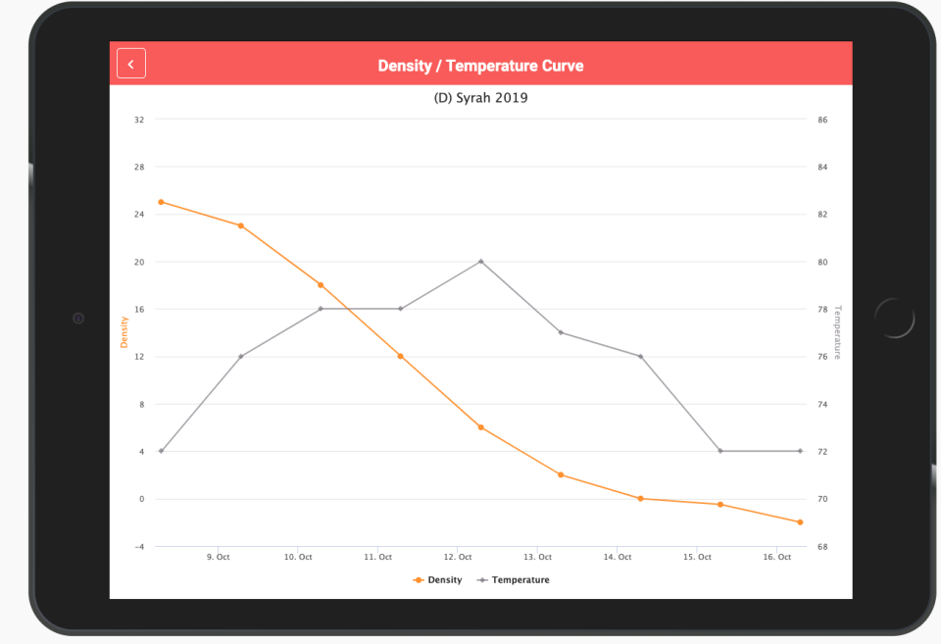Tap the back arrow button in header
[x=131, y=63]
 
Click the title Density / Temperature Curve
[x=480, y=66]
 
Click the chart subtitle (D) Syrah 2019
[x=480, y=98]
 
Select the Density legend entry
[x=438, y=580]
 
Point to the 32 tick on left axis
[x=139, y=120]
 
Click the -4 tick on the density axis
[x=138, y=546]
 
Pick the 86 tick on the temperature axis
[x=822, y=120]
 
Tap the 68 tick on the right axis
[x=822, y=546]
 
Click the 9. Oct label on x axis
[x=218, y=557]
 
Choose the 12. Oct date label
[x=458, y=557]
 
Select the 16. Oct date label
[x=777, y=557]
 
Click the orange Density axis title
[x=124, y=332]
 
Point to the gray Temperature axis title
[x=838, y=332]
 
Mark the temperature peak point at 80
[x=481, y=262]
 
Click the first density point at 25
[x=161, y=202]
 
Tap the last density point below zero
[x=800, y=522]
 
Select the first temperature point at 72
[x=161, y=451]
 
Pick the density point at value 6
[x=481, y=427]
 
